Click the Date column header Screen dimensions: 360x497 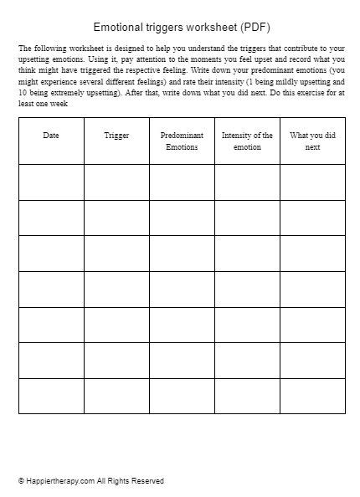(x=51, y=135)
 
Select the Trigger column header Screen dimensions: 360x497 (x=116, y=135)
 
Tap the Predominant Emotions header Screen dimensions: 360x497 (x=182, y=141)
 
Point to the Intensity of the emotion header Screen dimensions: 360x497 (x=247, y=141)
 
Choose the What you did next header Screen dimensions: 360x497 (x=312, y=141)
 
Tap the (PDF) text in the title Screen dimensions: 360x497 (x=254, y=27)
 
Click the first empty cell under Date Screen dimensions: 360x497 (x=51, y=182)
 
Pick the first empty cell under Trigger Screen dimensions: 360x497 (x=116, y=182)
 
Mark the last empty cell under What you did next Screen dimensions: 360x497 (x=312, y=396)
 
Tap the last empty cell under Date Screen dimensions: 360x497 (x=51, y=396)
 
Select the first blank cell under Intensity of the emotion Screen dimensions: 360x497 (x=247, y=182)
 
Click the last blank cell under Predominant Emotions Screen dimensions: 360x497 (x=182, y=396)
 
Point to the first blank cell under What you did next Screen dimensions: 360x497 (x=312, y=182)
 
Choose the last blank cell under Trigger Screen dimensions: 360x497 (x=116, y=396)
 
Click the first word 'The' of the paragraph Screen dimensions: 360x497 (x=25, y=49)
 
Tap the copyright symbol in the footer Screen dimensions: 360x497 (x=22, y=481)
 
